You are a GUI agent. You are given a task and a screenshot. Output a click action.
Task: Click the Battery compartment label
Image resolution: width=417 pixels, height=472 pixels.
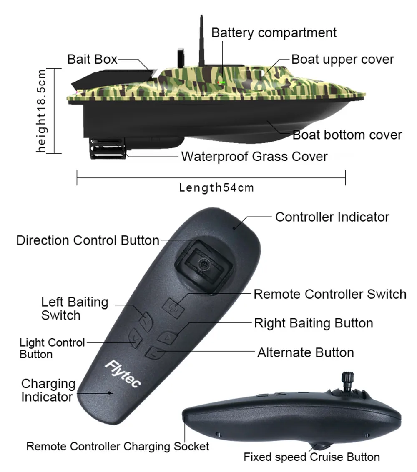pos(274,32)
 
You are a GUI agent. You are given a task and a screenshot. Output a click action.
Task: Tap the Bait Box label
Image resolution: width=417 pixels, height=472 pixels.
pos(92,60)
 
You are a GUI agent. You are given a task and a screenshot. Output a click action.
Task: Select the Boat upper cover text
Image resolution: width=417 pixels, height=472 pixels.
pos(342,59)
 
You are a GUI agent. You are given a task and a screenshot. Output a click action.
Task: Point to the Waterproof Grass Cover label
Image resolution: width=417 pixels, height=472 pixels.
pos(254,157)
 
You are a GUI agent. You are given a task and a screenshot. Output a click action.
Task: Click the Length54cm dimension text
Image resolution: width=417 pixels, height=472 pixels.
pos(216,187)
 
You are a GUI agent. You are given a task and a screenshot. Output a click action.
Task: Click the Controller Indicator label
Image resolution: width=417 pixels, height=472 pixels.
pos(332,217)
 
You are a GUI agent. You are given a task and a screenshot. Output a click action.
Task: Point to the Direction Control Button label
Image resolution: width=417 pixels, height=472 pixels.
pos(88,240)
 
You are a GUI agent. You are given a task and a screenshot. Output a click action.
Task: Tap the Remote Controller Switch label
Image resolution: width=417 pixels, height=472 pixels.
pos(330,294)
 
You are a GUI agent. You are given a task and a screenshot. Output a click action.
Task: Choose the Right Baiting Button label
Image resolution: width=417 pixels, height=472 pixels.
pos(314,323)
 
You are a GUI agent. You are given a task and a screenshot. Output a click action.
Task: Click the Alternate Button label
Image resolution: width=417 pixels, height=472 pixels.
pos(306,352)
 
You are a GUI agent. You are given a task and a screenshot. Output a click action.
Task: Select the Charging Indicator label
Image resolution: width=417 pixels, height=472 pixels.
pos(48,390)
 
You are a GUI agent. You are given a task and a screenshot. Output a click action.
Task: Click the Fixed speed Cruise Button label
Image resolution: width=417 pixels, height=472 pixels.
pos(312,457)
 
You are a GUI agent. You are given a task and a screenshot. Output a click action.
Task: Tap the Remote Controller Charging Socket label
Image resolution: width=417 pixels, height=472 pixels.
pos(118,447)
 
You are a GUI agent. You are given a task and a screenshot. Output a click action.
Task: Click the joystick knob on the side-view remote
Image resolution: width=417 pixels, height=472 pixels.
pos(347,380)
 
